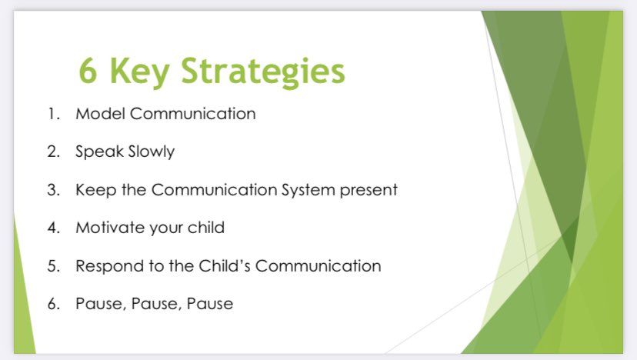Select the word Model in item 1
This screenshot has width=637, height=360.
click(x=99, y=114)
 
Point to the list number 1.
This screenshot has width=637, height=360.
click(x=52, y=114)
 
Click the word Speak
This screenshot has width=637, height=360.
click(x=98, y=152)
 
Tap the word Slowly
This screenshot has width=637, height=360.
click(x=150, y=152)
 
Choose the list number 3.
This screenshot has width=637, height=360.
click(x=52, y=190)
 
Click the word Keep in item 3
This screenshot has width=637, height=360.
click(x=94, y=190)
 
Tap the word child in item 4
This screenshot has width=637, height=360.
click(x=205, y=228)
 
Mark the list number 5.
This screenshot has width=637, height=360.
click(x=52, y=266)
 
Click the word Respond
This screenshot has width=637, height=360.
click(x=105, y=266)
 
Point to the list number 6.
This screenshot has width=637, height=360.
click(x=52, y=304)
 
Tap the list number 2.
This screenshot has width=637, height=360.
click(x=52, y=152)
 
